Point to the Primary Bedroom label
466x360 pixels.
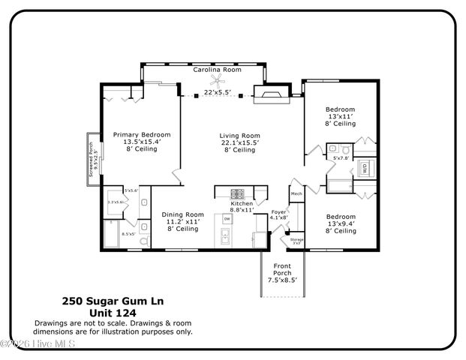point(142,135)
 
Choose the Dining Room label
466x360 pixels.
point(183,214)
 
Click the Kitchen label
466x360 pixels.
point(242,203)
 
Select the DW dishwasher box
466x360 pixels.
point(227,218)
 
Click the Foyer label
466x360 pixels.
point(278,212)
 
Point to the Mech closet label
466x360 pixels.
point(296,194)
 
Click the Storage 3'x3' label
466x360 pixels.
point(296,241)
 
